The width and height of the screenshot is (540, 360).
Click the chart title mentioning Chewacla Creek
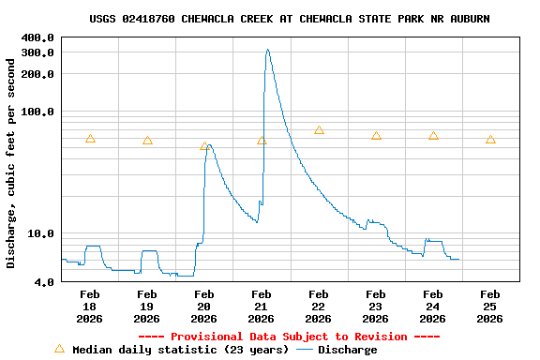[289, 19]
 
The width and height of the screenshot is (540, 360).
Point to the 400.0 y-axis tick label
[37, 37]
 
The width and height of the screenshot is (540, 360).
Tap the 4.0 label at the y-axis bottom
[44, 281]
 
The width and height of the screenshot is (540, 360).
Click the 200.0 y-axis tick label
[37, 74]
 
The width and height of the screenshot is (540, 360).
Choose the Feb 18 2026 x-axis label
[90, 307]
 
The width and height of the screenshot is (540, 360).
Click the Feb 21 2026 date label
[262, 307]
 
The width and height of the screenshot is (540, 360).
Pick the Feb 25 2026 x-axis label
[490, 307]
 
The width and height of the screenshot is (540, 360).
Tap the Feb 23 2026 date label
[376, 307]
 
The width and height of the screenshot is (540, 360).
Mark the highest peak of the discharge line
[267, 50]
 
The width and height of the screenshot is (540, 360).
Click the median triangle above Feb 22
[319, 130]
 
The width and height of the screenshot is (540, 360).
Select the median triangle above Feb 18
[90, 139]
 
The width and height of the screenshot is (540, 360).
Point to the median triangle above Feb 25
[490, 140]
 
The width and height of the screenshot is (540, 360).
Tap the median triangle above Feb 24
[433, 136]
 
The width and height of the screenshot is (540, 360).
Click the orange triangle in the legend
[59, 349]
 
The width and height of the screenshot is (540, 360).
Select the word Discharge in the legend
[347, 350]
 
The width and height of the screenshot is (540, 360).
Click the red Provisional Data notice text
[289, 337]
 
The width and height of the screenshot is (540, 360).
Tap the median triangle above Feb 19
[147, 141]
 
